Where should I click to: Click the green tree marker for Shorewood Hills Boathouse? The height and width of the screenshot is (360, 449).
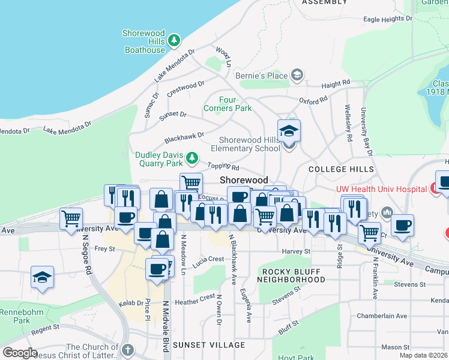[x=174, y=40]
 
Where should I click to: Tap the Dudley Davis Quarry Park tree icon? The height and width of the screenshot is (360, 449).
[x=191, y=158]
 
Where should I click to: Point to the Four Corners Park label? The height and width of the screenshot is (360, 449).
[x=228, y=104]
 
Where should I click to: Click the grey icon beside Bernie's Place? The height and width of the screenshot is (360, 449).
[x=296, y=76]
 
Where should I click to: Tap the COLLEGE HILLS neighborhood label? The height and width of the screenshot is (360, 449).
[x=336, y=170]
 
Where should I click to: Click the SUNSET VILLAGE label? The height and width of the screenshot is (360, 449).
[x=208, y=345]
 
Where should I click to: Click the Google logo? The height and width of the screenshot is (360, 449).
[x=20, y=353]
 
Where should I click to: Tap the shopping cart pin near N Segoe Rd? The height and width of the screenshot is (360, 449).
[x=71, y=218]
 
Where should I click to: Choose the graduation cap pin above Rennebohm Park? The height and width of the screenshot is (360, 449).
[x=43, y=278]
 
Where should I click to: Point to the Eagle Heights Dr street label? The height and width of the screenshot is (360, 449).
[x=388, y=19]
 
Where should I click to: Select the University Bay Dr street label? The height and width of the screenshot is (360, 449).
[x=366, y=132]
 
